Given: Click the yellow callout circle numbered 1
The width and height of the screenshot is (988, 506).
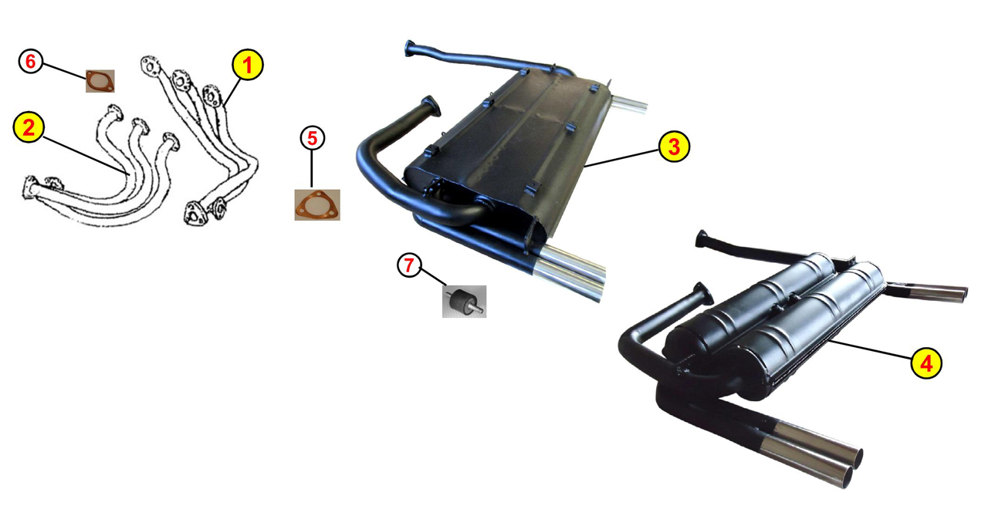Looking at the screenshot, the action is pyautogui.click(x=248, y=65).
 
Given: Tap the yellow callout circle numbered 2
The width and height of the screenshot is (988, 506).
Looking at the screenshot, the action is pyautogui.click(x=29, y=127).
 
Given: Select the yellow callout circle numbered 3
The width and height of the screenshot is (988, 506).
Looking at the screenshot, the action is pyautogui.click(x=674, y=147).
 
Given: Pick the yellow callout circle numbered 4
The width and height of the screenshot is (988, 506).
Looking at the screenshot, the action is pyautogui.click(x=926, y=363).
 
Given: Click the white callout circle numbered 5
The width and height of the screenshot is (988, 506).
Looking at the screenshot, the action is pyautogui.click(x=313, y=138).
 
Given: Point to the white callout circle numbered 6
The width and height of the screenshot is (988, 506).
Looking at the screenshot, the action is pyautogui.click(x=30, y=61).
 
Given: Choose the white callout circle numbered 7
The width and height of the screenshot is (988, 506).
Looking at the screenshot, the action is pyautogui.click(x=409, y=265).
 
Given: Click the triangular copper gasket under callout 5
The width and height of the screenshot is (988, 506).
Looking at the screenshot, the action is pyautogui.click(x=317, y=205).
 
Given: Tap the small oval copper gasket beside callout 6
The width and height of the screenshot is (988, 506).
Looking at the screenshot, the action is pyautogui.click(x=100, y=81).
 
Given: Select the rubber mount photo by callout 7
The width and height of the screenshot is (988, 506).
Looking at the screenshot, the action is pyautogui.click(x=464, y=302).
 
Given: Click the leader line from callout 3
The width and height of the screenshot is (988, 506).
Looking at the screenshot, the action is pyautogui.click(x=621, y=159).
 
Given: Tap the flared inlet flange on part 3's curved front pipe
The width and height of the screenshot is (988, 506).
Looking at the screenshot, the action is pyautogui.click(x=430, y=106).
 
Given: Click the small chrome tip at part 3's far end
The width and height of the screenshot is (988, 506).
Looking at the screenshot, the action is pyautogui.click(x=629, y=104).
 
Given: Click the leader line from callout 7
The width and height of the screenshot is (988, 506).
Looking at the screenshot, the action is pyautogui.click(x=433, y=277).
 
